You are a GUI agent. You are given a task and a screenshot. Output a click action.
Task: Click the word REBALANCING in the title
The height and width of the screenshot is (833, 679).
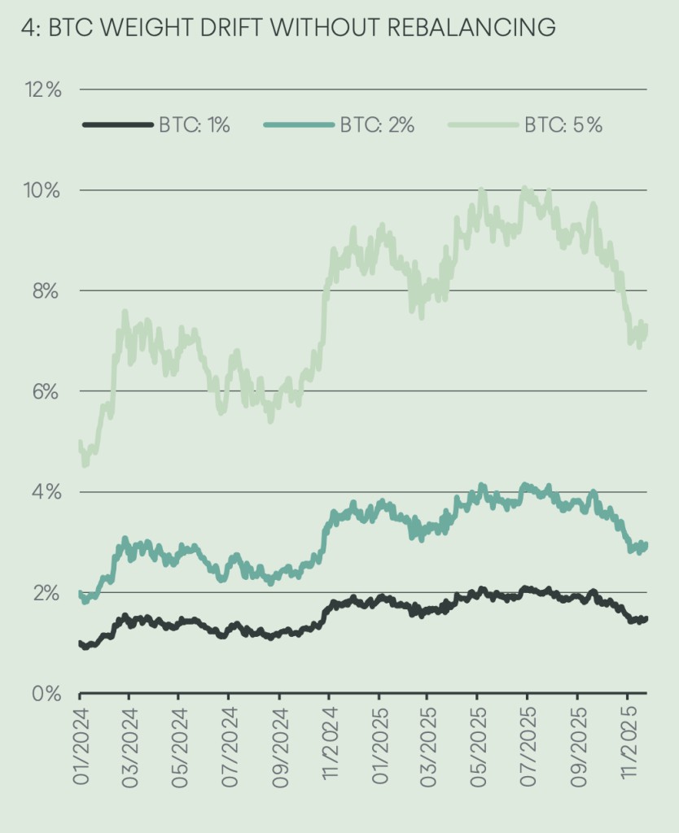pos(471,27)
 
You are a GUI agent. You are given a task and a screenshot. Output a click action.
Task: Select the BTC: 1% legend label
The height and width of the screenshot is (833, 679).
pos(195,125)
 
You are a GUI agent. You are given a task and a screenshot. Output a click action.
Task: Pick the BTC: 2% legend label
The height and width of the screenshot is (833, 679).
pos(377,125)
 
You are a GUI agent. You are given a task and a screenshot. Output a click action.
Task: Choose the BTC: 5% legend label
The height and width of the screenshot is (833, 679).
pos(563,125)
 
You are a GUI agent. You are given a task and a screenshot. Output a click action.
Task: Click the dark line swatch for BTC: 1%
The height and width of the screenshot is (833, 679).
pos(118,125)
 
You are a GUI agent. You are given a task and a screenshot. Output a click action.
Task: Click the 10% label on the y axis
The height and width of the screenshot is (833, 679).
pos(42,190)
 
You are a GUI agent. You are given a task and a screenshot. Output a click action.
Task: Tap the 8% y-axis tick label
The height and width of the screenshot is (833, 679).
pos(46,291)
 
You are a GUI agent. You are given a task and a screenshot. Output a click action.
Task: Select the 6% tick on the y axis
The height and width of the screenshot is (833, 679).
pos(46,392)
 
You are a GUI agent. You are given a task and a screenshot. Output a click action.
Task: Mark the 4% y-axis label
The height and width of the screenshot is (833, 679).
pos(46,492)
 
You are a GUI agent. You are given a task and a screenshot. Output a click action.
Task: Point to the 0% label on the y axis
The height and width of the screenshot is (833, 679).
pos(46,694)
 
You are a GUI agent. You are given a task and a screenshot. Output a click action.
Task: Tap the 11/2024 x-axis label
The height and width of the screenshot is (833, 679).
pos(331,744)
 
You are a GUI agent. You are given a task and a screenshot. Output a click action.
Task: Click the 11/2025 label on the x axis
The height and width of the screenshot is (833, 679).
pos(629,744)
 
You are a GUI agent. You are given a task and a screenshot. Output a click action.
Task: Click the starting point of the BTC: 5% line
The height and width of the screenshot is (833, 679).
pos(81,442)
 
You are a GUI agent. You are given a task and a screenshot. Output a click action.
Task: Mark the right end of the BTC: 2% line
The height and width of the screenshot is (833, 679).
pos(646,544)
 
